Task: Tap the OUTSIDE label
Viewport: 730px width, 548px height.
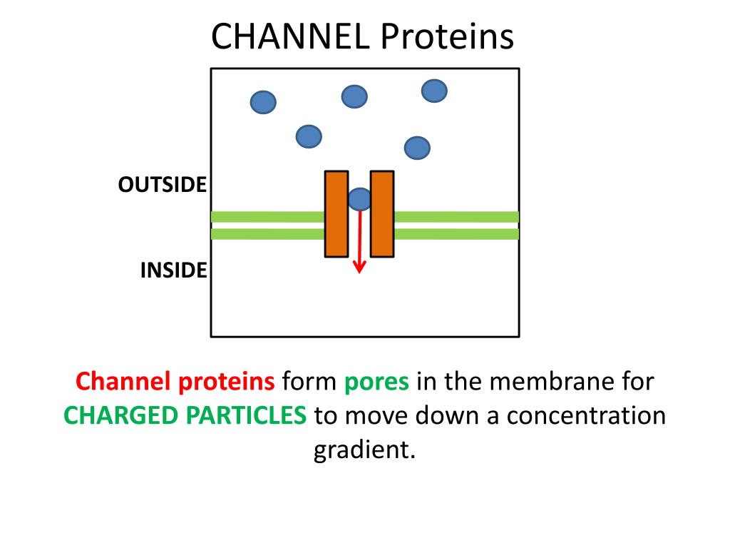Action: [163, 185]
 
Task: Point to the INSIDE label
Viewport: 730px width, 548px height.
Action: [174, 270]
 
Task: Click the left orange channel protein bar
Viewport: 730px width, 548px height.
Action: [336, 213]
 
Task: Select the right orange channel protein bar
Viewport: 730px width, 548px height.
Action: [382, 213]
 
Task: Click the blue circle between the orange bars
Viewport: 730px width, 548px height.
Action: [359, 199]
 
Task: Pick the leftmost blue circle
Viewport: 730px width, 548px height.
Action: [263, 103]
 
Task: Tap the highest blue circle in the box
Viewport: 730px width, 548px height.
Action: [434, 91]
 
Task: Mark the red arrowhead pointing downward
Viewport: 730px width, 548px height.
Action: [359, 268]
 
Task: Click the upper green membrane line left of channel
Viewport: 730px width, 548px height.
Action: [268, 217]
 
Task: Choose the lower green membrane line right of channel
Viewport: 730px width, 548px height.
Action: [456, 234]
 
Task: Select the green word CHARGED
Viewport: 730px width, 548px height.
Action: [121, 415]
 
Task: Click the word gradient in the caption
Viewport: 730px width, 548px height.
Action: [364, 450]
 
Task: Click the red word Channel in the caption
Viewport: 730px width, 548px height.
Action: [124, 382]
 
